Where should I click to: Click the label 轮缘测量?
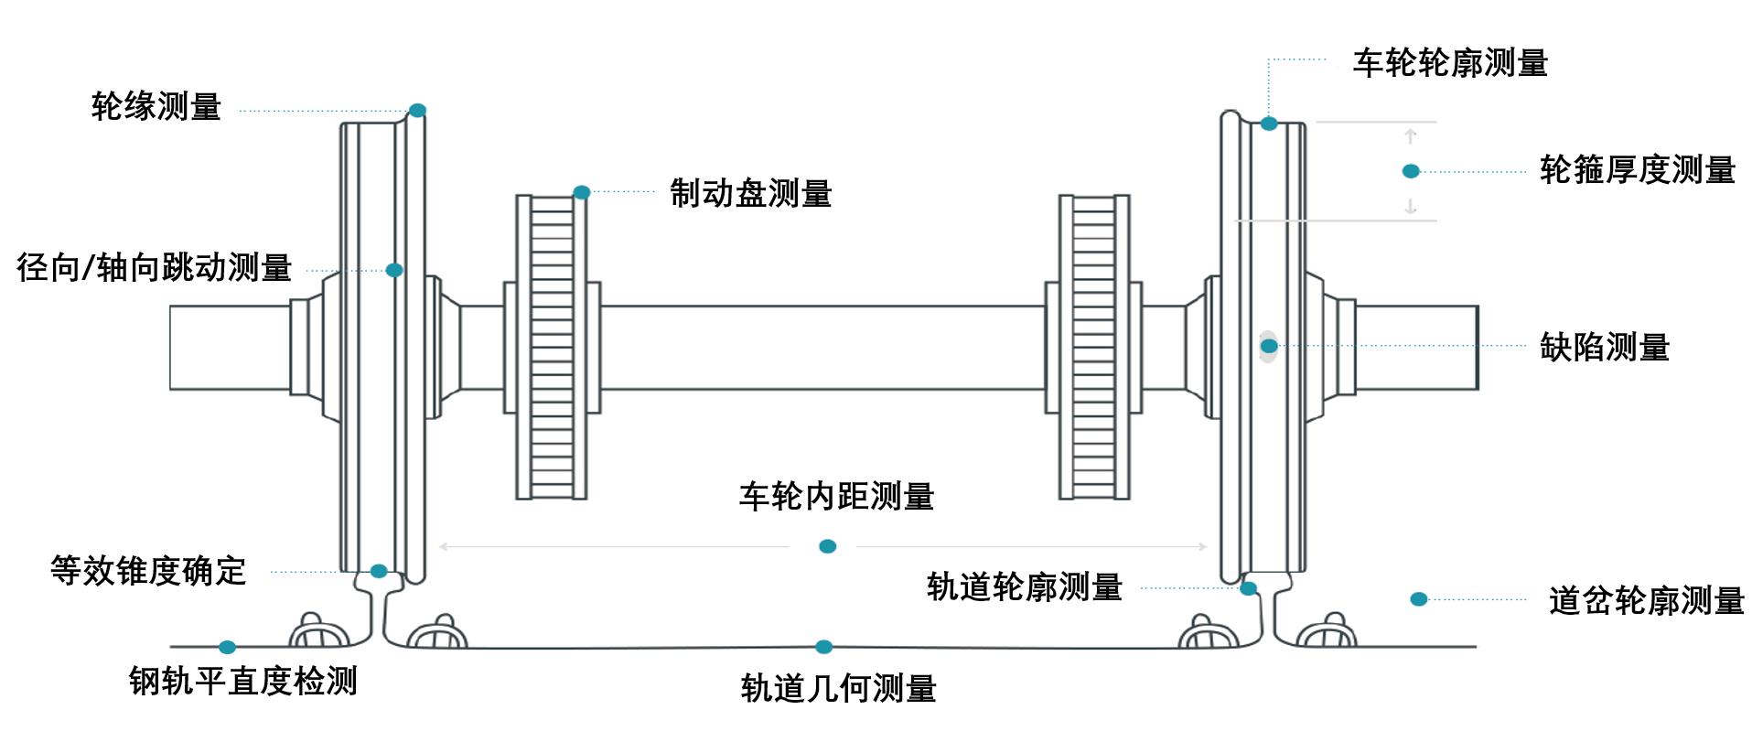[x=156, y=107]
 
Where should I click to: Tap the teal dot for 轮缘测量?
[x=417, y=111]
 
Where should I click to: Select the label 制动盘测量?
[x=750, y=194]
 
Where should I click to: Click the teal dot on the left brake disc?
[x=582, y=192]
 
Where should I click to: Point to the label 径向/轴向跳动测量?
[x=154, y=268]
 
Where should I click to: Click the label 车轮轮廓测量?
[x=1450, y=63]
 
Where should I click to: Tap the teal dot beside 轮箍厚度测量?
[x=1411, y=171]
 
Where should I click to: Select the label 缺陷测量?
[x=1604, y=348]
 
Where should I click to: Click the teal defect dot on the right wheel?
[x=1269, y=346]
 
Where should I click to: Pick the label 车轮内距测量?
[x=836, y=497]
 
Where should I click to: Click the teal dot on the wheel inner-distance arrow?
[x=827, y=546]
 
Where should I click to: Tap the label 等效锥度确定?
[x=148, y=571]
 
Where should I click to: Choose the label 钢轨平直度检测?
[x=242, y=682]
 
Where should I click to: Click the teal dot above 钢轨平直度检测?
[x=227, y=647]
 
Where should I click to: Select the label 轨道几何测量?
[x=838, y=689]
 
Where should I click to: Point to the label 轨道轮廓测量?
[x=1024, y=587]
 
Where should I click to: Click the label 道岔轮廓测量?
[x=1646, y=601]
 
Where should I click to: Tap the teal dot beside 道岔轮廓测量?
[x=1418, y=599]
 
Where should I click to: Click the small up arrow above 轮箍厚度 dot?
[x=1411, y=136]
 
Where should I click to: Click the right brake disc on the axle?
[x=1094, y=347]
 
